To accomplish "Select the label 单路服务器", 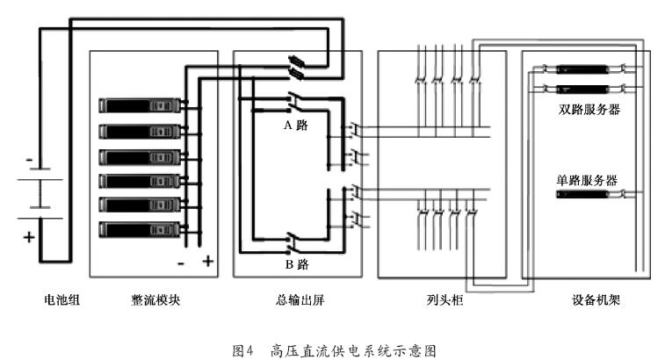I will click(586, 180).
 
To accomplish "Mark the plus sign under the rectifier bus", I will click(208, 261).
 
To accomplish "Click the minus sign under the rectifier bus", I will click(180, 261).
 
